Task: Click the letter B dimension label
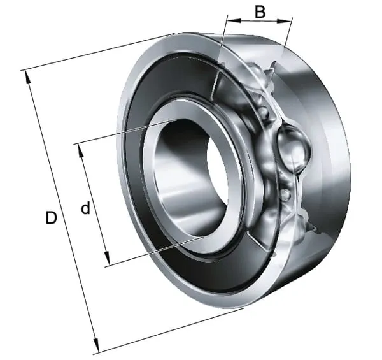(x=260, y=12)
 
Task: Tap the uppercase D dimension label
(x=51, y=218)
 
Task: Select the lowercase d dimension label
(x=85, y=208)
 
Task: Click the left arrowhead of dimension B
(x=234, y=20)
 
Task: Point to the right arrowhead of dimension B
(x=284, y=22)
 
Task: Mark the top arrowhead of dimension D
(x=27, y=77)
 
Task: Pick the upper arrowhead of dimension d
(x=81, y=151)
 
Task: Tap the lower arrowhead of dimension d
(x=107, y=259)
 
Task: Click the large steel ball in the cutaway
(x=294, y=148)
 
